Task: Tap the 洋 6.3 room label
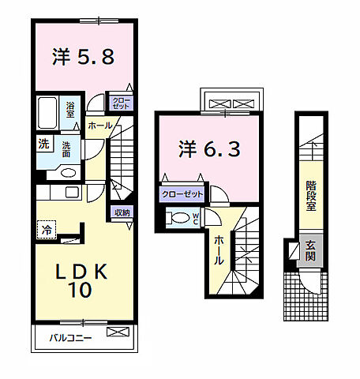[208, 148]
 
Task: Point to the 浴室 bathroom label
[70, 109]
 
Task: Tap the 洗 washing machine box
[43, 144]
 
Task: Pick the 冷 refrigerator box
[47, 229]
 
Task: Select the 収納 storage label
[122, 212]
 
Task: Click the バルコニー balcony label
[71, 337]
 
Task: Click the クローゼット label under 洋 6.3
[182, 193]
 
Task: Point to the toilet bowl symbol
[181, 219]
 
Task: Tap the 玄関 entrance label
[311, 251]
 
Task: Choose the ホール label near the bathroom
[99, 125]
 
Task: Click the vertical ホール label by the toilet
[217, 251]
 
